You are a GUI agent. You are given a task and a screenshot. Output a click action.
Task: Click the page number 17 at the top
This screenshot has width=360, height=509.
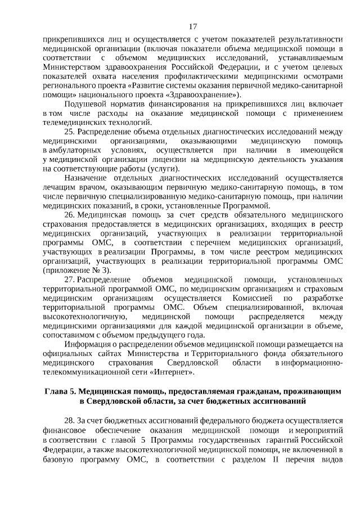click(x=193, y=26)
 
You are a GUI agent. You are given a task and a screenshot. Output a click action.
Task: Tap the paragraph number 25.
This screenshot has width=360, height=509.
click(x=70, y=131)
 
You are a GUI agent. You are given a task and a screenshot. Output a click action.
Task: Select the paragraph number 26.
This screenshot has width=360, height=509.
click(x=70, y=215)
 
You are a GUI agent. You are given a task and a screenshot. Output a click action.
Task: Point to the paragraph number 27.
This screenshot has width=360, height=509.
click(x=70, y=280)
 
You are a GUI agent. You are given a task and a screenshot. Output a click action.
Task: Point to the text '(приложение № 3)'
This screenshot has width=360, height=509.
click(x=75, y=270)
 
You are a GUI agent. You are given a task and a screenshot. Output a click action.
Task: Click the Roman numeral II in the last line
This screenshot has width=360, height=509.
click(x=276, y=456)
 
